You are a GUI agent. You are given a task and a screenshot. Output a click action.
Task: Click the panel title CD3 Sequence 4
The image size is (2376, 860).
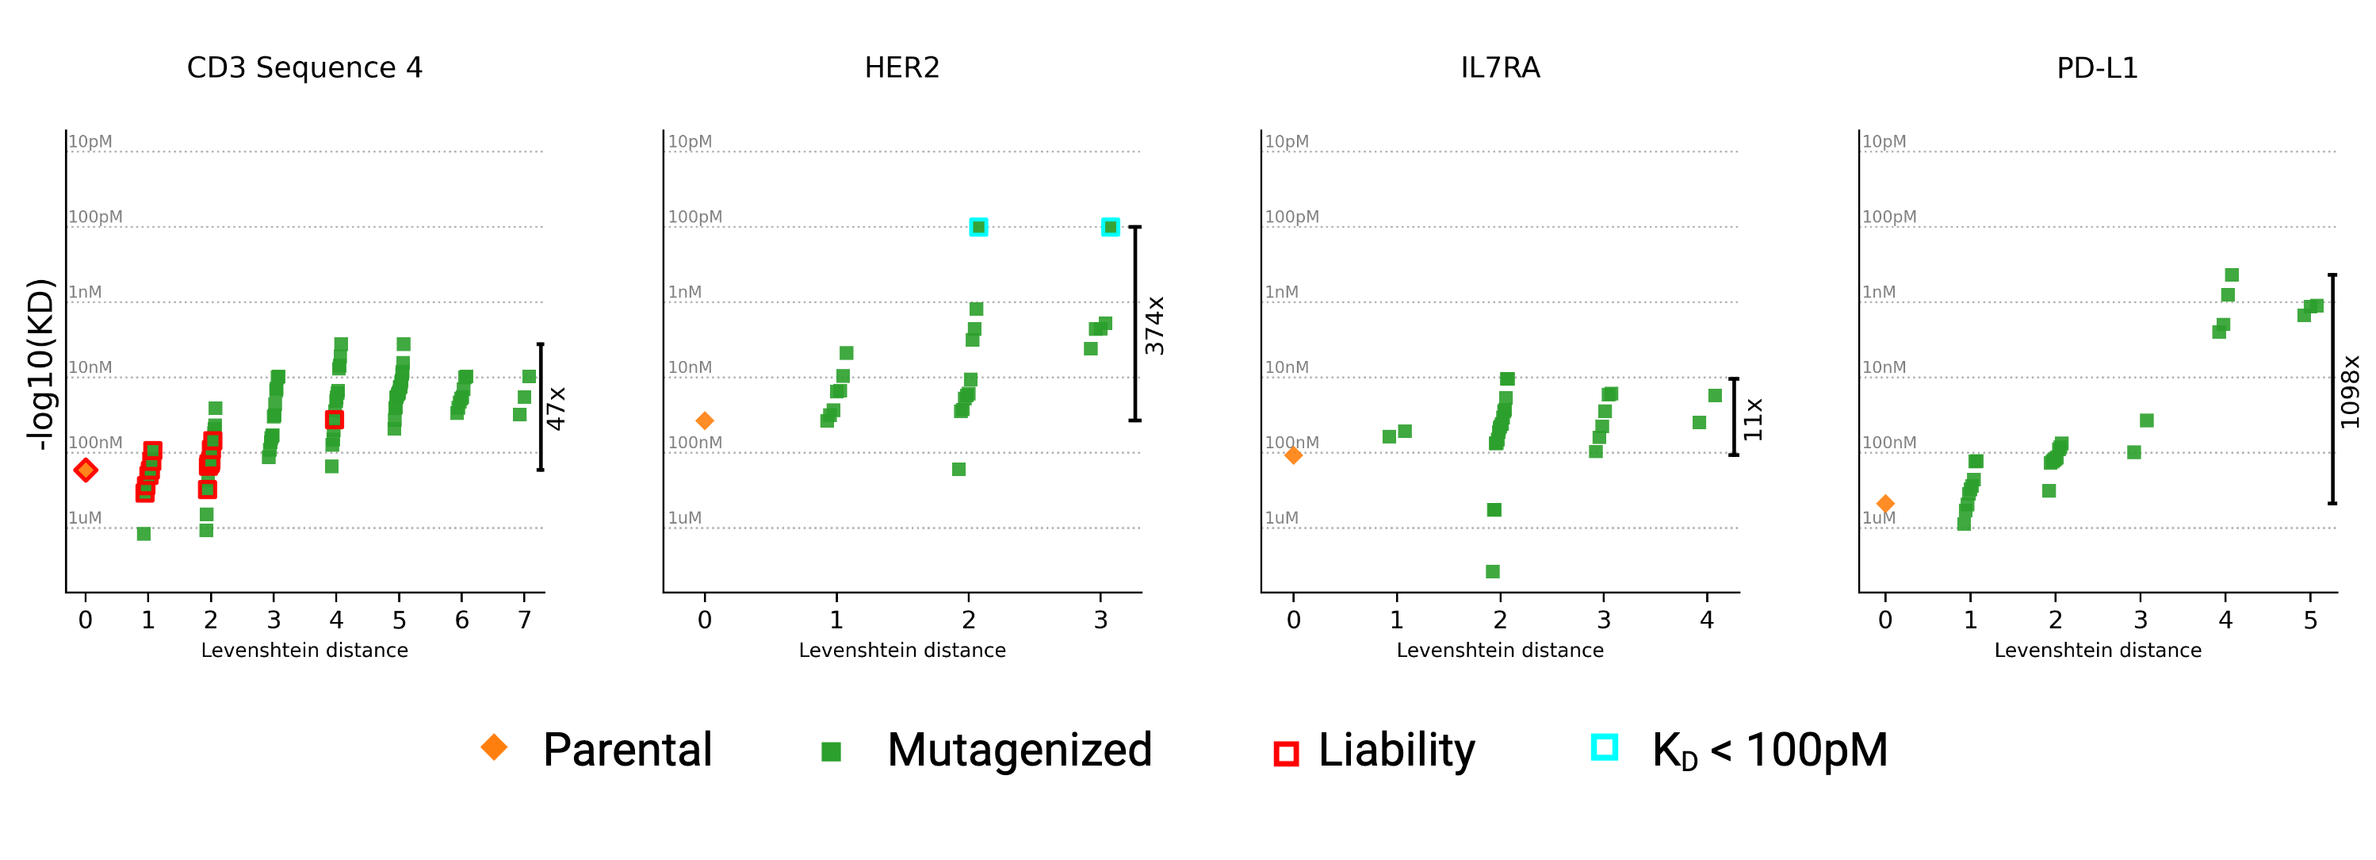click(x=304, y=67)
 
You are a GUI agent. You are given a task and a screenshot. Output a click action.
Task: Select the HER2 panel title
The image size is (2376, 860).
click(x=901, y=67)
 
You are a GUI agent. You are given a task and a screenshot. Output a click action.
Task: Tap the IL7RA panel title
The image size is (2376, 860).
click(x=1500, y=67)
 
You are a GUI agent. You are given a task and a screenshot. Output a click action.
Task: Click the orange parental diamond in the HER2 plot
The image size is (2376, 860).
click(x=705, y=420)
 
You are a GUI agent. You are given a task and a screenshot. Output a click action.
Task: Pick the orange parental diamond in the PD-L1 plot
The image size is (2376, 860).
click(x=1885, y=504)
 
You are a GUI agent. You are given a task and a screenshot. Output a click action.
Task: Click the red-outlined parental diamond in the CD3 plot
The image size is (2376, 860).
click(x=86, y=470)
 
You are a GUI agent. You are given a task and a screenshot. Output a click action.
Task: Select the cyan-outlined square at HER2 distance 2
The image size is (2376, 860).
click(x=978, y=227)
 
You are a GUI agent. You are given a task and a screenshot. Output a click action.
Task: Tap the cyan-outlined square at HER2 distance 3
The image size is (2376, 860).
click(x=1111, y=227)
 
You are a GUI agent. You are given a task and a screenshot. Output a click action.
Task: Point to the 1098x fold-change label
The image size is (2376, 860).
click(x=2349, y=392)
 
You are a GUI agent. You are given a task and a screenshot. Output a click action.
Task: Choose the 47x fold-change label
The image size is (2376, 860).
click(x=557, y=409)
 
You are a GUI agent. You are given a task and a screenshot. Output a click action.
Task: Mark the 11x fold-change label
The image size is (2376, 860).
click(x=1753, y=419)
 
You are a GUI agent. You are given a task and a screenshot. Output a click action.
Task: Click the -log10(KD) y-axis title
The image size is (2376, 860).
click(x=41, y=364)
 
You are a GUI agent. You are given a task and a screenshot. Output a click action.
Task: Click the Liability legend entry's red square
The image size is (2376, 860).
click(x=1286, y=754)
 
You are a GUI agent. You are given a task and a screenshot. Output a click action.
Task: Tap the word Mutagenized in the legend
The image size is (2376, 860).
click(x=1020, y=749)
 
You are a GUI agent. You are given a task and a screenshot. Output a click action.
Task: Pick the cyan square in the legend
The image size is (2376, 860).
click(x=1604, y=747)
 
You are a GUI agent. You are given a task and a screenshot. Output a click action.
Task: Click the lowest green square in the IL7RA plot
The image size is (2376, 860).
click(x=1492, y=572)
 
